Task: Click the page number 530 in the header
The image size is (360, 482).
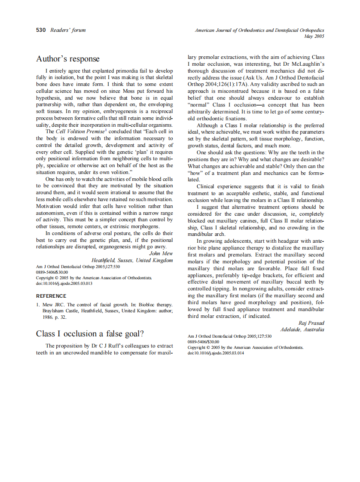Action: [41, 30]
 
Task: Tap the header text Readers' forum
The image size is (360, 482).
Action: [68, 30]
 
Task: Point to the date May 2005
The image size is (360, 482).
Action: [314, 37]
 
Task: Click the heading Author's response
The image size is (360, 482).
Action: [67, 59]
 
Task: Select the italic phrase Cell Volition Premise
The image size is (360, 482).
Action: [80, 131]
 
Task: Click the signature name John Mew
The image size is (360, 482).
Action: [161, 253]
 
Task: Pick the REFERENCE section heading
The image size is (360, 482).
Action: [51, 296]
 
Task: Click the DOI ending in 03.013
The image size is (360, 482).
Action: [64, 284]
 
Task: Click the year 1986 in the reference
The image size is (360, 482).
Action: [48, 317]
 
